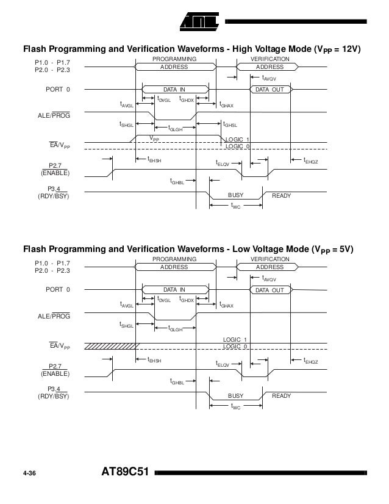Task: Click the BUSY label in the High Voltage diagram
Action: point(235,195)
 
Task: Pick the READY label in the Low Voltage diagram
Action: point(281,396)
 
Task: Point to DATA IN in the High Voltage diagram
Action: point(174,90)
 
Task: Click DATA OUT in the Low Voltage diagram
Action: point(269,290)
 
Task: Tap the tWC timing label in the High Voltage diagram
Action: point(235,207)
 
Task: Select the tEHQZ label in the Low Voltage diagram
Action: point(310,361)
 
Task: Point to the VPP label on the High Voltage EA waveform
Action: point(156,140)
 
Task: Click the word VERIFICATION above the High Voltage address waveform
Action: point(269,59)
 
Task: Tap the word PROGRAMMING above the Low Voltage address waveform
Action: point(174,259)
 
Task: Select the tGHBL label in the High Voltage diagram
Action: point(177,181)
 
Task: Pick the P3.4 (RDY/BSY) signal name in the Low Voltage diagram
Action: point(54,392)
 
